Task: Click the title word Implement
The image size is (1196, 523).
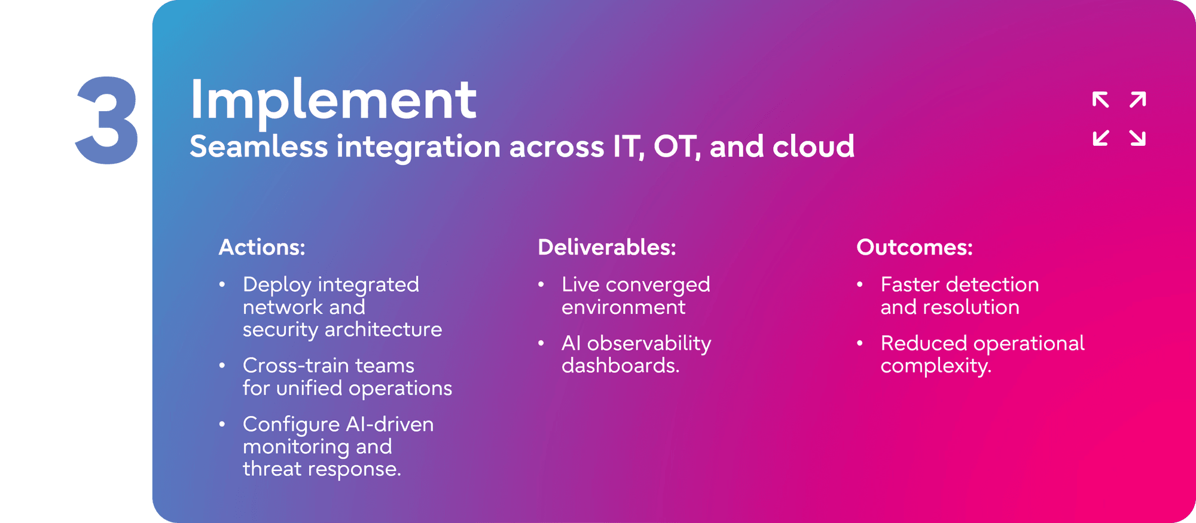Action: [333, 100]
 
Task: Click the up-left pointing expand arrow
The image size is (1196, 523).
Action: [1100, 100]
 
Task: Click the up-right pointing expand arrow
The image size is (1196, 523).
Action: [1138, 100]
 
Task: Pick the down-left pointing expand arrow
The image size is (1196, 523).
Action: [1100, 137]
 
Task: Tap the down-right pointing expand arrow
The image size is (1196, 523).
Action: [1138, 137]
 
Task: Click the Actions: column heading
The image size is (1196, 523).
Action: [262, 247]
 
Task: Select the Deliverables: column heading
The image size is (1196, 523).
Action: [607, 247]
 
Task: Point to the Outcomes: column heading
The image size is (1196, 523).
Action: [915, 247]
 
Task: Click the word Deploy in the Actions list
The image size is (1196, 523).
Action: [277, 285]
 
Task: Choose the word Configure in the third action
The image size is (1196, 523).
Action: [291, 425]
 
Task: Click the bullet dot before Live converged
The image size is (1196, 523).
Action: [541, 285]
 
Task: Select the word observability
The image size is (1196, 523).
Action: [649, 344]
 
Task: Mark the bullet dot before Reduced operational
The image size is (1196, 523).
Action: [860, 343]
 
